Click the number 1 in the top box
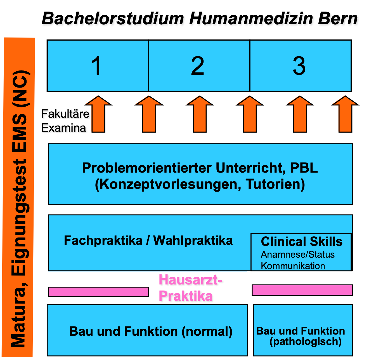tap(96, 65)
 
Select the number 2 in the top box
tap(197, 65)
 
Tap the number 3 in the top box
tap(299, 65)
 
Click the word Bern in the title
tap(337, 18)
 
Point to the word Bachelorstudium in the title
tap(113, 18)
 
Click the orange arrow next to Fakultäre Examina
tap(98, 114)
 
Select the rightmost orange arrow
tap(345, 114)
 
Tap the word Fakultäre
tap(65, 114)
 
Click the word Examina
tap(64, 128)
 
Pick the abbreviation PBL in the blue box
tap(304, 168)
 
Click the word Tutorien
tap(275, 184)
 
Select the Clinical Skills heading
tap(302, 241)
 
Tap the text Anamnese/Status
tap(297, 255)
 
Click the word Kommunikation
tap(293, 266)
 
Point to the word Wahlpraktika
tap(193, 241)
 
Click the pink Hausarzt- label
tap(190, 280)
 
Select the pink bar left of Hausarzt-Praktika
tap(98, 292)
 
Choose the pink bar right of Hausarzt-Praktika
tap(302, 290)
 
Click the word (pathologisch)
tap(306, 342)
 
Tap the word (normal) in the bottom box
tap(207, 331)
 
